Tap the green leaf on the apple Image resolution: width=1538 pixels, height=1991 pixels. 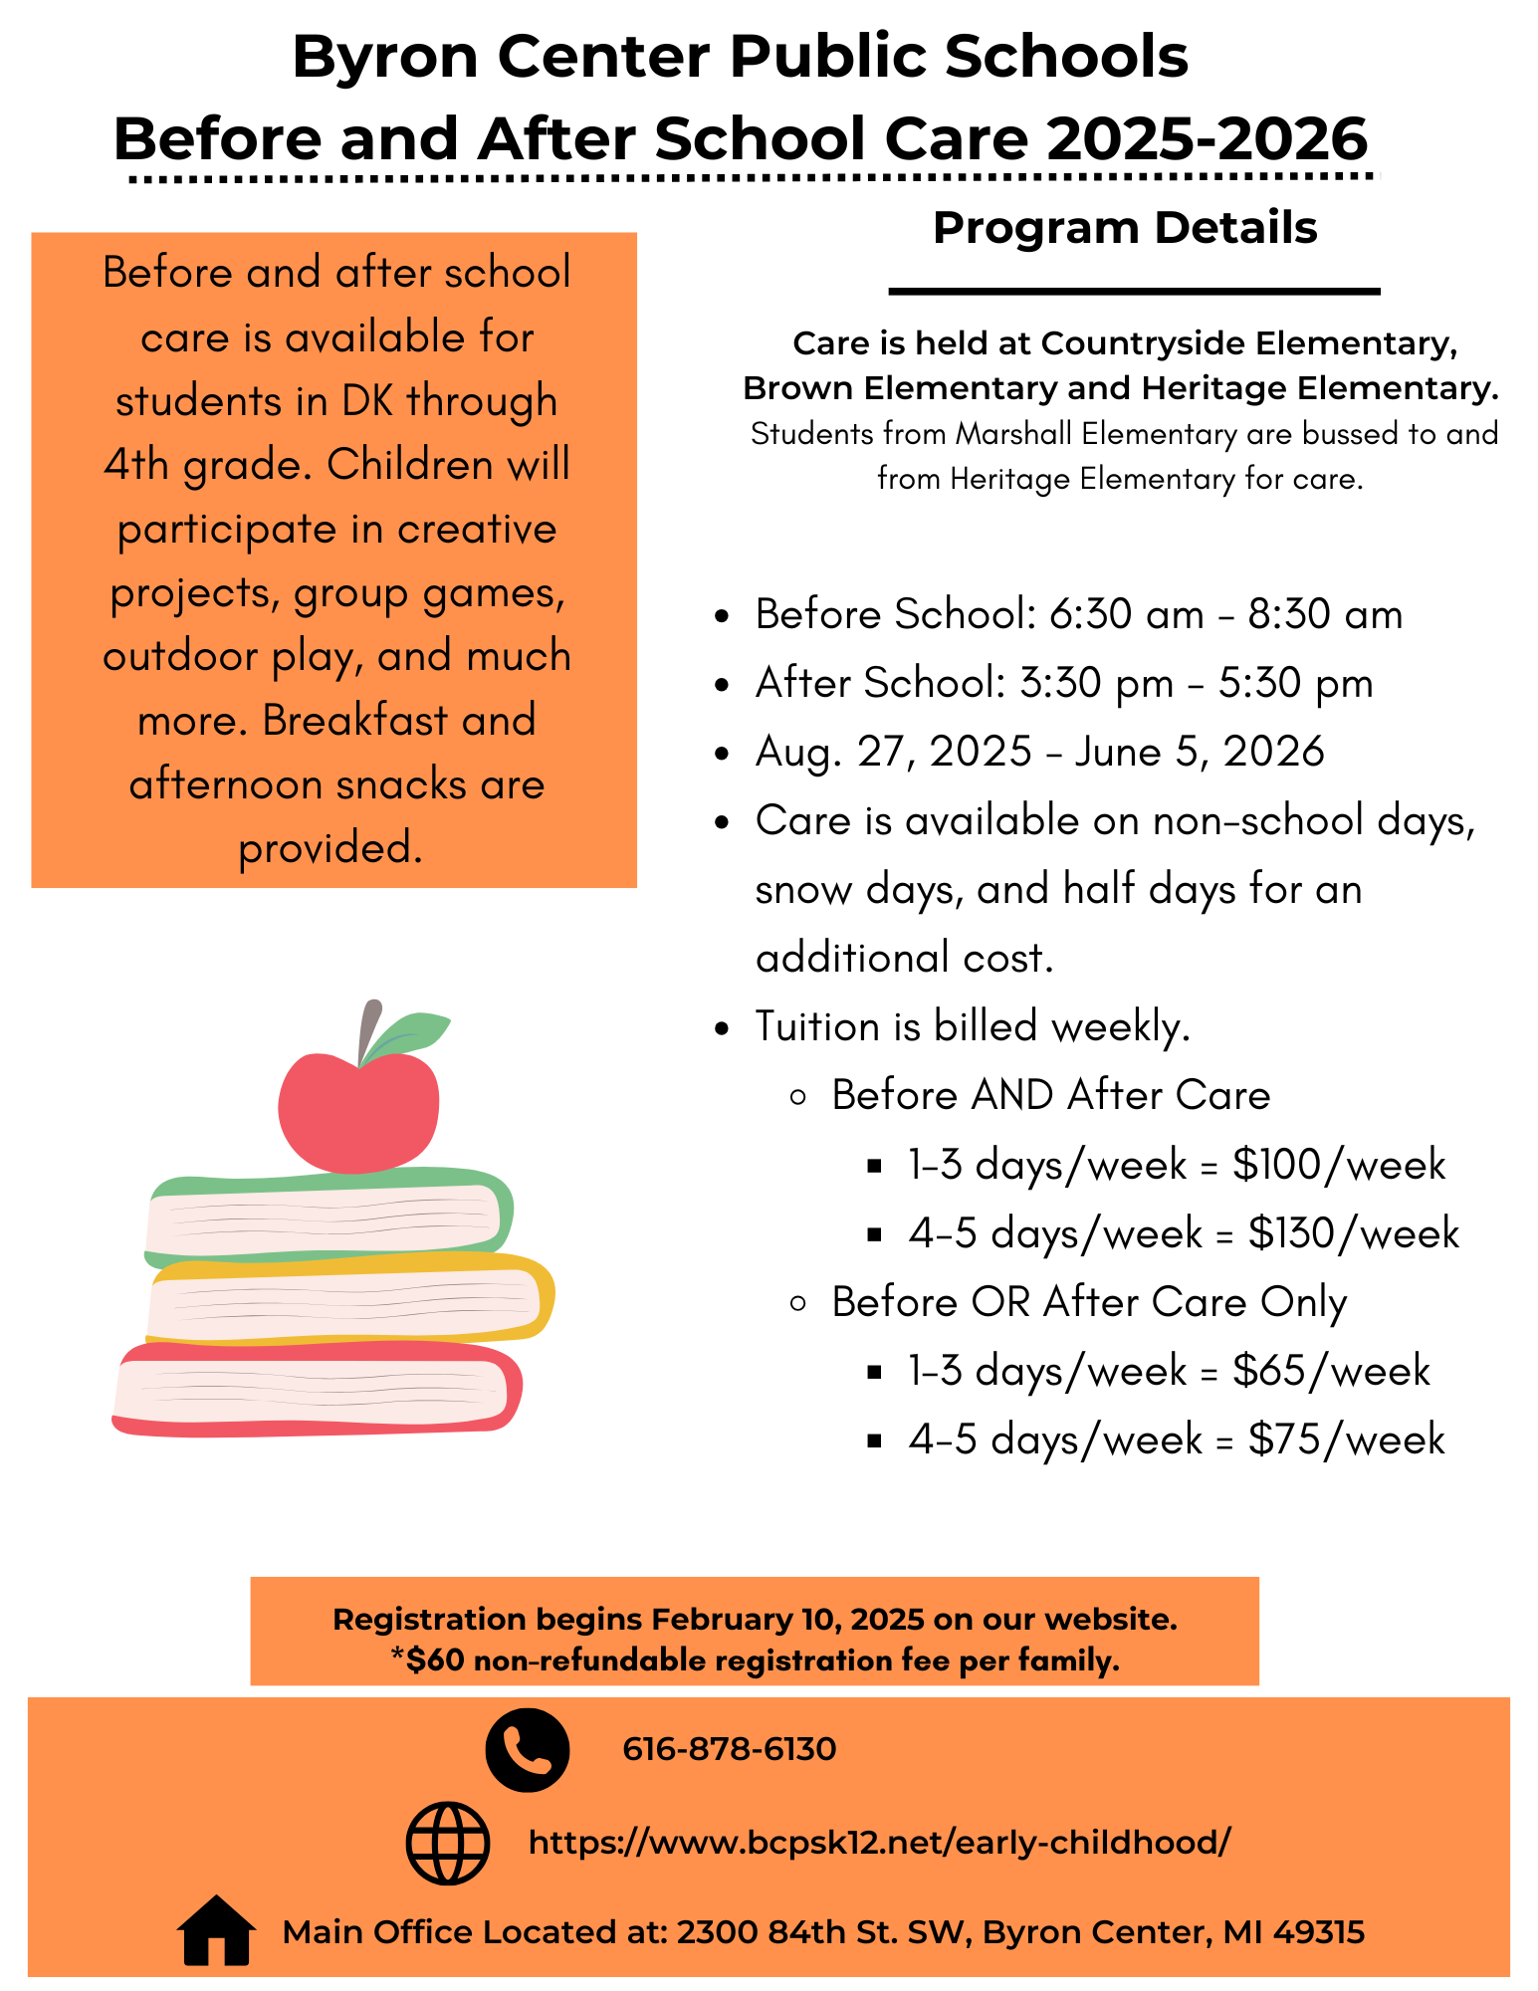[410, 1033]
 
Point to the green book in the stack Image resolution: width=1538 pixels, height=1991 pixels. [329, 1217]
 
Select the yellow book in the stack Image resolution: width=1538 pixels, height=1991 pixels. [348, 1300]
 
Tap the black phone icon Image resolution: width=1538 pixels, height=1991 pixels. [527, 1749]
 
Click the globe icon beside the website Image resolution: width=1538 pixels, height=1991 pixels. [448, 1843]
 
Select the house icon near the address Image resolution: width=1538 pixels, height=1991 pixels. [216, 1930]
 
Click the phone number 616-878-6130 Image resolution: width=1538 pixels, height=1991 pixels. [729, 1749]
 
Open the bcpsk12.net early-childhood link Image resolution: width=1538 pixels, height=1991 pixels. [879, 1843]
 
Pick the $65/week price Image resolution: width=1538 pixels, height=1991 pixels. [1330, 1371]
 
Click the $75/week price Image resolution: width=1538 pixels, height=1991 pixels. [1346, 1439]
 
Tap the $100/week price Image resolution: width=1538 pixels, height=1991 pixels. [1338, 1165]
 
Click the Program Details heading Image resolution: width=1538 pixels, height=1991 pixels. [1125, 228]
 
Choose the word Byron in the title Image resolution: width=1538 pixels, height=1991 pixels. [386, 57]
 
